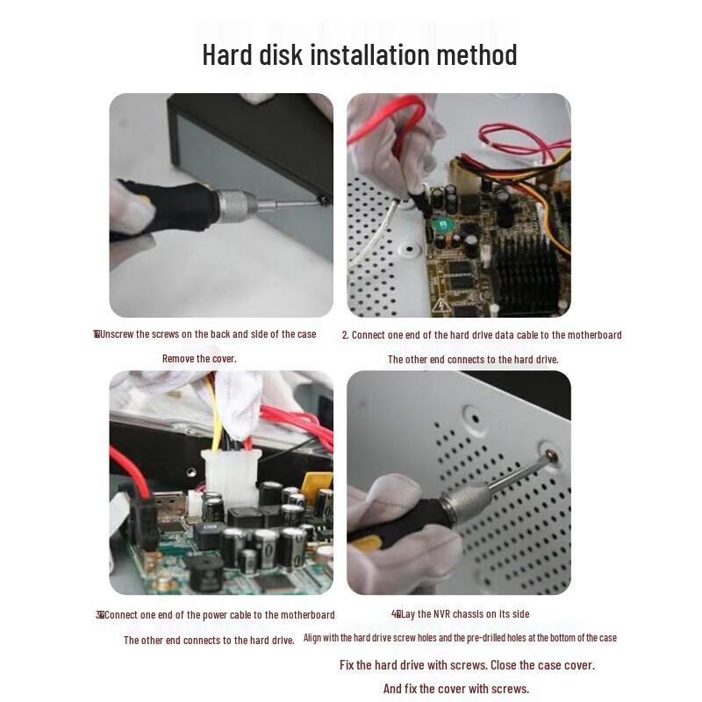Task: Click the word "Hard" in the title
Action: pyautogui.click(x=227, y=54)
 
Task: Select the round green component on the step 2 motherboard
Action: pyautogui.click(x=441, y=225)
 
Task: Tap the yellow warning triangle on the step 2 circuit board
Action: pyautogui.click(x=441, y=304)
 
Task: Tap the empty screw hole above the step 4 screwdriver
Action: pyautogui.click(x=472, y=412)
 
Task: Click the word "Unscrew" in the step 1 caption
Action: pyautogui.click(x=118, y=333)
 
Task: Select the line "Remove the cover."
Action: pyautogui.click(x=199, y=358)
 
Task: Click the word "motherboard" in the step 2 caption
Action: pyautogui.click(x=593, y=334)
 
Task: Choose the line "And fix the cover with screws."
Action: pyautogui.click(x=455, y=688)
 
